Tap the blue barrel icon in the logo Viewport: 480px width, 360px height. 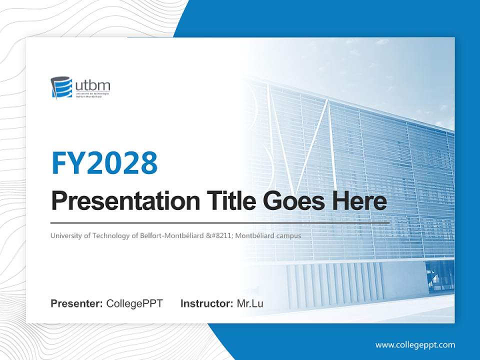coord(61,88)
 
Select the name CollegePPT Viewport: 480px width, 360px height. coord(134,303)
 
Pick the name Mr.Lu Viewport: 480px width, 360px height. coord(250,303)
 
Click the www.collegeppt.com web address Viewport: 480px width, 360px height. coord(415,345)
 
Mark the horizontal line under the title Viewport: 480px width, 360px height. coord(220,222)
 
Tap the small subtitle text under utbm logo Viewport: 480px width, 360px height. coord(92,95)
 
